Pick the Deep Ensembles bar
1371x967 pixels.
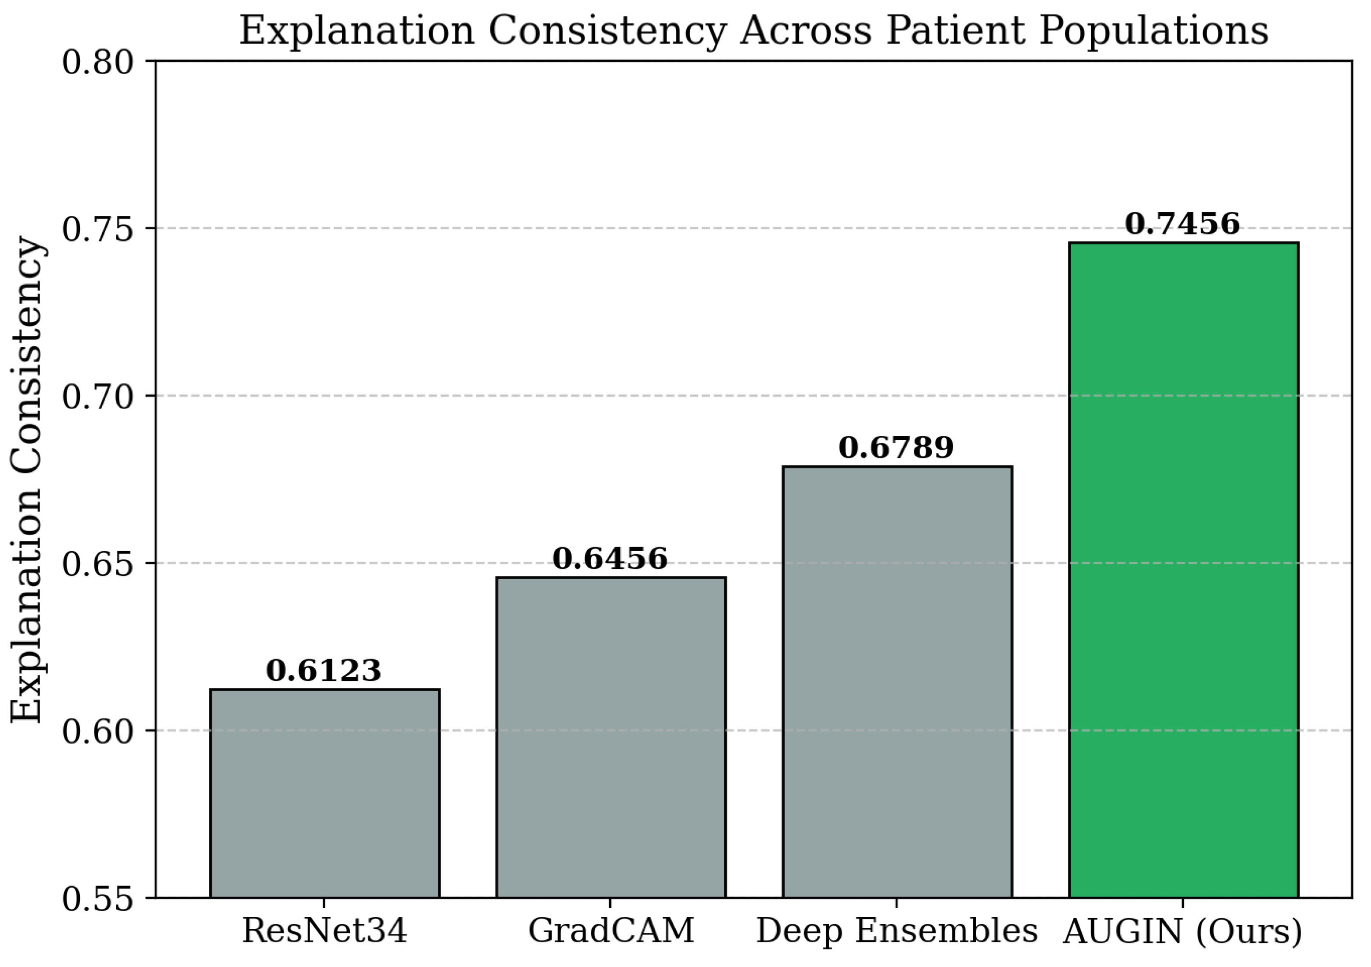point(897,681)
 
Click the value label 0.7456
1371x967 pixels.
point(1182,224)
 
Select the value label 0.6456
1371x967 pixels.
point(610,558)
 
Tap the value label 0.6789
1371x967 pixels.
point(896,447)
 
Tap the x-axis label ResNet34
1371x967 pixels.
point(324,931)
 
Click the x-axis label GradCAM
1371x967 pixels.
point(611,931)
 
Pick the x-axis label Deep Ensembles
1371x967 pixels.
point(897,931)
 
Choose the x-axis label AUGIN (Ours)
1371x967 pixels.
point(1182,931)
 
